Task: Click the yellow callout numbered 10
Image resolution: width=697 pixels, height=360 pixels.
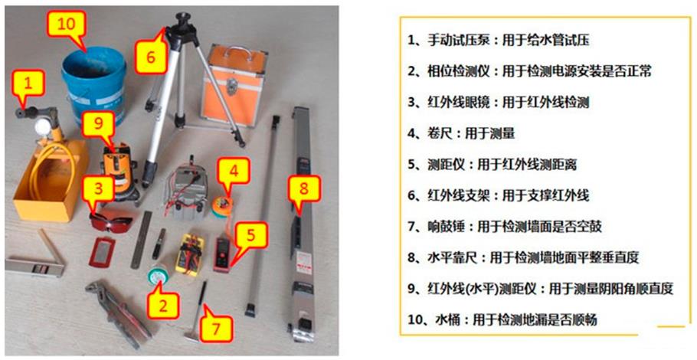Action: click(67, 25)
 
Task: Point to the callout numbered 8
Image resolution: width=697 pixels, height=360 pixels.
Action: click(303, 189)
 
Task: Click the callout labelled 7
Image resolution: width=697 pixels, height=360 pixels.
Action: click(215, 329)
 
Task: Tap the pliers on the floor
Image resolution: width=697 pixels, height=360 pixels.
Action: click(119, 314)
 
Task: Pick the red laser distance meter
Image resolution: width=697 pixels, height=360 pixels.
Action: click(223, 254)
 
